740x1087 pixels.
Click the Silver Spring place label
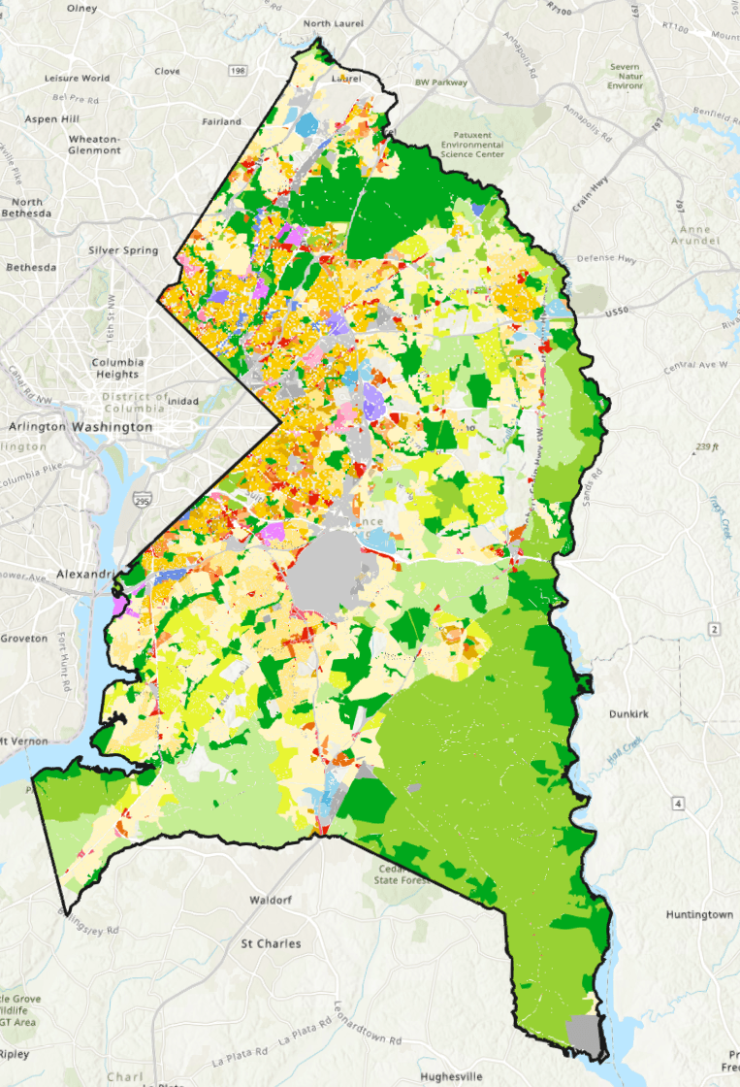point(123,250)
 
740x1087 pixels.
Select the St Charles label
point(271,943)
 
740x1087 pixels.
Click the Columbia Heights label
point(116,368)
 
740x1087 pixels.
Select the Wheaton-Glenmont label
point(94,145)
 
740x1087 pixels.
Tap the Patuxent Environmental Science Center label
point(472,145)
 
